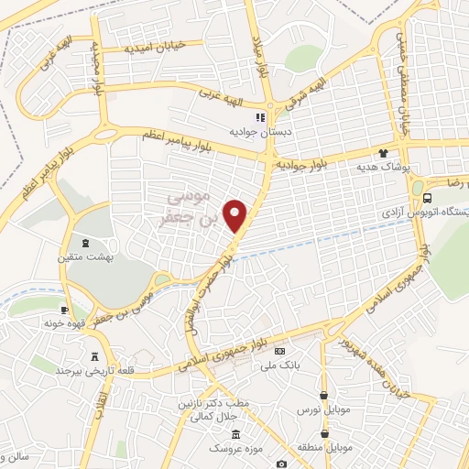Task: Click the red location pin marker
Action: pos(236,215)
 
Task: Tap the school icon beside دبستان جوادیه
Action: pos(259,117)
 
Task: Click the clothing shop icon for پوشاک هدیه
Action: pos(383,153)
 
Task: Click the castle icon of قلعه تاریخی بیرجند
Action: pos(94,356)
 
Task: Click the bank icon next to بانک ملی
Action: pos(279,351)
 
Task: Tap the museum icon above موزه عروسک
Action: pos(236,434)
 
